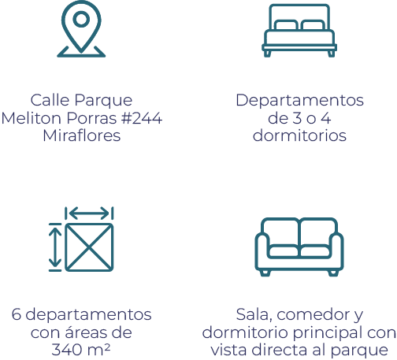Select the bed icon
(x=299, y=30)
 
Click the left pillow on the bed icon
(x=286, y=25)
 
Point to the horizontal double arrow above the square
(x=89, y=213)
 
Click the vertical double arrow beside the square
(x=55, y=247)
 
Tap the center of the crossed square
(x=89, y=247)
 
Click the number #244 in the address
(x=142, y=118)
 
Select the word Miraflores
(x=82, y=135)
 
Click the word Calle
(x=50, y=100)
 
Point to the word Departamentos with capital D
(x=299, y=101)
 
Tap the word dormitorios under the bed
(x=299, y=135)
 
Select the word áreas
(x=85, y=332)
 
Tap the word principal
(x=328, y=333)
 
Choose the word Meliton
(x=32, y=118)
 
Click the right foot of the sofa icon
(x=333, y=273)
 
